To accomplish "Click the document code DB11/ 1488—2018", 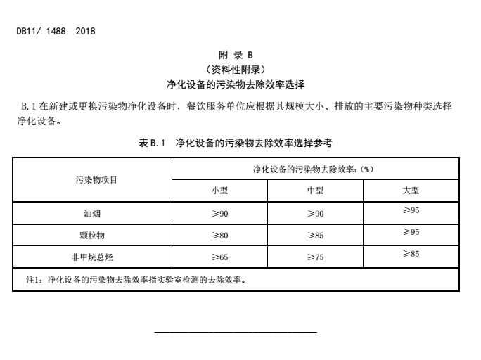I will pos(56,31).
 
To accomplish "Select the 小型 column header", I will pos(220,191).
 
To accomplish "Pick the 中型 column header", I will pos(315,191).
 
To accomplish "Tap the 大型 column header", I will pos(411,191).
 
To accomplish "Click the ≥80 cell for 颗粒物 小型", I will pos(220,236).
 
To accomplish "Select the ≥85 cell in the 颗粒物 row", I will pos(315,236).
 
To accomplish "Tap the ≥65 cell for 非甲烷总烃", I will pos(220,257).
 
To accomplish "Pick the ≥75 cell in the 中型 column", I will pos(315,257).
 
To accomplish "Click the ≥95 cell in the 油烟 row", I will pos(411,210).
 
